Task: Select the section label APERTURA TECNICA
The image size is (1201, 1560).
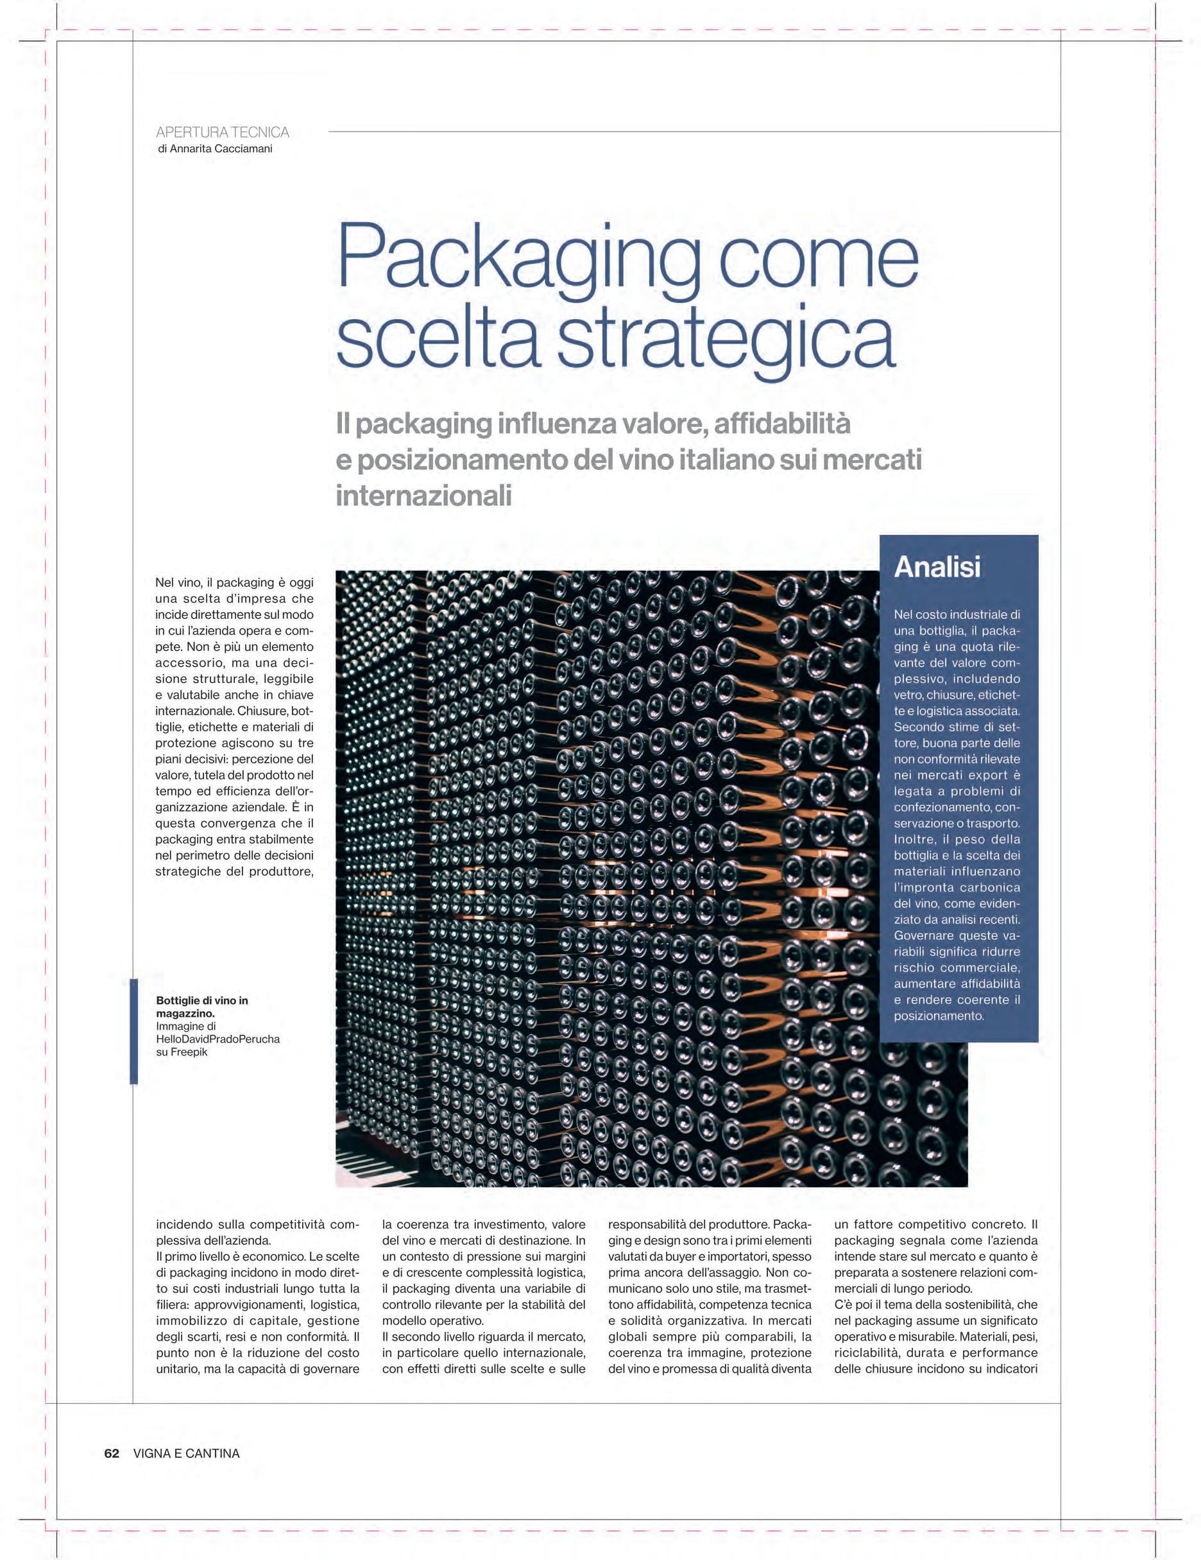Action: coord(222,132)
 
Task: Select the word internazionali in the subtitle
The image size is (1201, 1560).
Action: coord(423,495)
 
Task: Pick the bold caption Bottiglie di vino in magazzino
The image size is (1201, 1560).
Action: coord(202,1007)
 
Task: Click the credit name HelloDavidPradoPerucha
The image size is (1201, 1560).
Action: coord(217,1039)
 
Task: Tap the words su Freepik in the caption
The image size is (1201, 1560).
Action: coord(182,1052)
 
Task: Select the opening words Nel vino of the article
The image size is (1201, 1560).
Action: coord(178,583)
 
